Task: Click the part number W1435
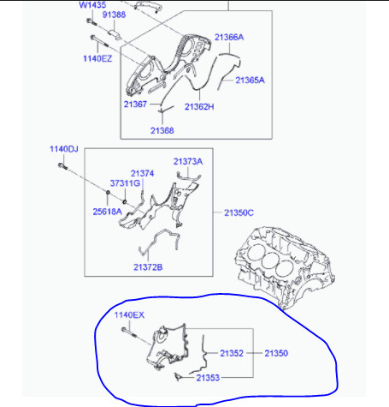click(x=92, y=5)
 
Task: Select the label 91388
click(x=114, y=15)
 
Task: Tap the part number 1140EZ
click(x=97, y=58)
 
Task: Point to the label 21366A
click(x=229, y=37)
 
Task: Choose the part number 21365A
click(x=250, y=81)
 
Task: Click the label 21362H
click(x=199, y=107)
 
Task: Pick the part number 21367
click(x=135, y=105)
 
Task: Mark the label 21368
click(x=162, y=130)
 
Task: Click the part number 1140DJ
click(x=64, y=149)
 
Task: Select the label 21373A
click(x=188, y=162)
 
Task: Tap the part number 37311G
click(x=125, y=183)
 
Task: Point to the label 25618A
click(x=108, y=212)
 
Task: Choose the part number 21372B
click(x=148, y=267)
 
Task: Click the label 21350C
click(x=239, y=212)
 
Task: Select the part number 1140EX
click(x=129, y=315)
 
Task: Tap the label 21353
click(x=208, y=378)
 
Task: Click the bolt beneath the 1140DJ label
click(x=62, y=166)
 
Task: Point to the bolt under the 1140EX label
click(x=129, y=332)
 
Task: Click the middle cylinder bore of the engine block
click(x=269, y=260)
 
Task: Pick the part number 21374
click(x=142, y=173)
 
